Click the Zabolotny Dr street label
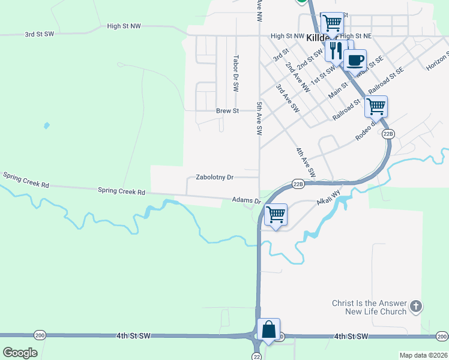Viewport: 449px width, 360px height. point(214,178)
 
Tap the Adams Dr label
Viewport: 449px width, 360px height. point(247,200)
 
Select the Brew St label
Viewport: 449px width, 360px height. point(228,111)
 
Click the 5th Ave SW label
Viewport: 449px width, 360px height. point(259,118)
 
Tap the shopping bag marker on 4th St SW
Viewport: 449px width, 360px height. point(268,330)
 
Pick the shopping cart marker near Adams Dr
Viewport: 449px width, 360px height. point(276,214)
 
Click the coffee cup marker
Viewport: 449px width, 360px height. point(355,61)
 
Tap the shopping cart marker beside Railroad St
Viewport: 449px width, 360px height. point(376,107)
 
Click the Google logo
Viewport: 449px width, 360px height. point(20,352)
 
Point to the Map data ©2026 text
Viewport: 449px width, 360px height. point(423,355)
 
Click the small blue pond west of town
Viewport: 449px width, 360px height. point(46,126)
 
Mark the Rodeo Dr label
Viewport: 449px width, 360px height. point(365,130)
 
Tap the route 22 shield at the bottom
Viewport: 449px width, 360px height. point(258,356)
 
